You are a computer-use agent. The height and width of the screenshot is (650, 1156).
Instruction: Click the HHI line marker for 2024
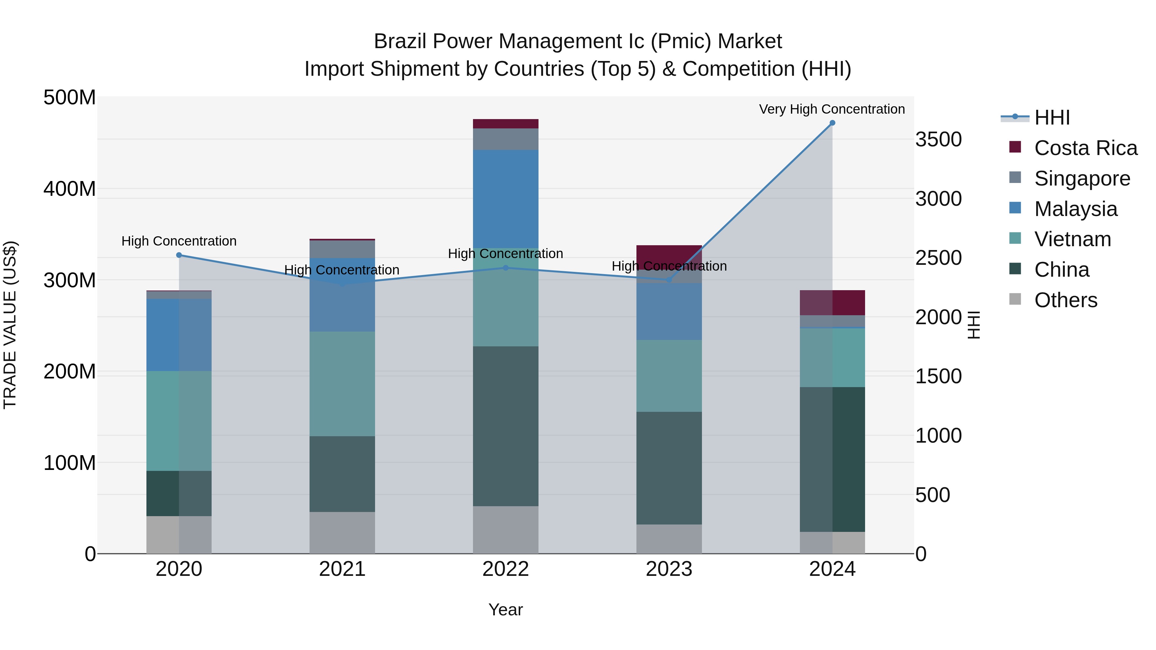(832, 123)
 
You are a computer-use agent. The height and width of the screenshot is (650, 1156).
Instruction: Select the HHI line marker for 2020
(179, 255)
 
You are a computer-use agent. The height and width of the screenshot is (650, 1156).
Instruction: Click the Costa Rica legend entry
(1085, 148)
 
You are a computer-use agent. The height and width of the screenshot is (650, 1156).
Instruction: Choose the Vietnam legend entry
(1073, 239)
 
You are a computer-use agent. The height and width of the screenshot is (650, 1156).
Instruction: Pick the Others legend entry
(1065, 300)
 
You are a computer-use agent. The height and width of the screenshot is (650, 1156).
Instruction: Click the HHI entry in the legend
(1052, 117)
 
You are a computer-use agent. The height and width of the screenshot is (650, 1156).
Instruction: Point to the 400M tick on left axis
(70, 189)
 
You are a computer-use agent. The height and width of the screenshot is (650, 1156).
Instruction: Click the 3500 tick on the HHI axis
(938, 140)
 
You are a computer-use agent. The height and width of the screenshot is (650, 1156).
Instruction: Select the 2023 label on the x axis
(669, 569)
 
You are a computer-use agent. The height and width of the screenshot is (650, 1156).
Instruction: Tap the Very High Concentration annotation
(832, 109)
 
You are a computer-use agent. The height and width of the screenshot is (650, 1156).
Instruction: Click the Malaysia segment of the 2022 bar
(506, 199)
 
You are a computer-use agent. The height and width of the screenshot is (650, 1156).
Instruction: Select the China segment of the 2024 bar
(832, 459)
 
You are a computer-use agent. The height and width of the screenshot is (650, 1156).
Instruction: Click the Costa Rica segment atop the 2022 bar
(506, 124)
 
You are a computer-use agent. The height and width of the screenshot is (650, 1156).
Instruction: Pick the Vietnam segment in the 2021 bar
(342, 384)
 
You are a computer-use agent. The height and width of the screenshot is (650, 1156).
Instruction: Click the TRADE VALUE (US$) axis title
(10, 325)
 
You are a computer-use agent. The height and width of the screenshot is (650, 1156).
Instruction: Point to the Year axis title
(506, 610)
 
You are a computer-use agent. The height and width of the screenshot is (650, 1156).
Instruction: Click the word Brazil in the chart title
(400, 41)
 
